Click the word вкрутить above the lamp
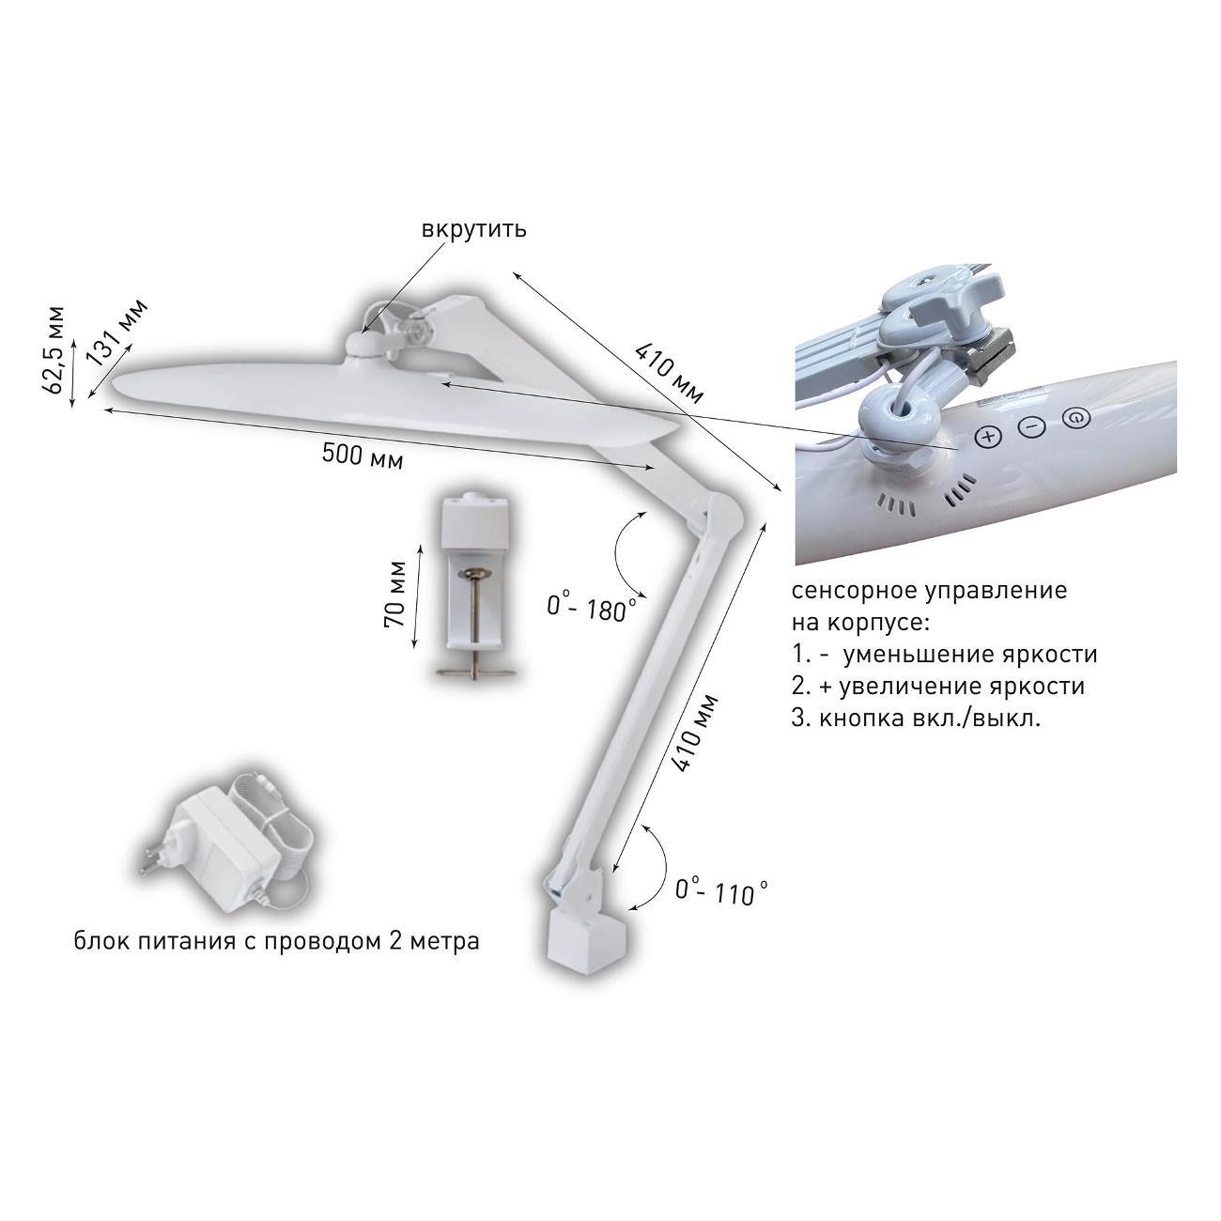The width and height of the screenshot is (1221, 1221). pyautogui.click(x=474, y=229)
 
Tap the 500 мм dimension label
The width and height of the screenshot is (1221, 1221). pyautogui.click(x=363, y=455)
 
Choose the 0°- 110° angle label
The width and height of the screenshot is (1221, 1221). pyautogui.click(x=721, y=891)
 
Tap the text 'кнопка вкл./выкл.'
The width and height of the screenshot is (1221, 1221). pyautogui.click(x=930, y=719)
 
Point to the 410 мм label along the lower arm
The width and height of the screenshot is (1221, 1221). pyautogui.click(x=694, y=734)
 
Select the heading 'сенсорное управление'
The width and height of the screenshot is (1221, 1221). pyautogui.click(x=930, y=591)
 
